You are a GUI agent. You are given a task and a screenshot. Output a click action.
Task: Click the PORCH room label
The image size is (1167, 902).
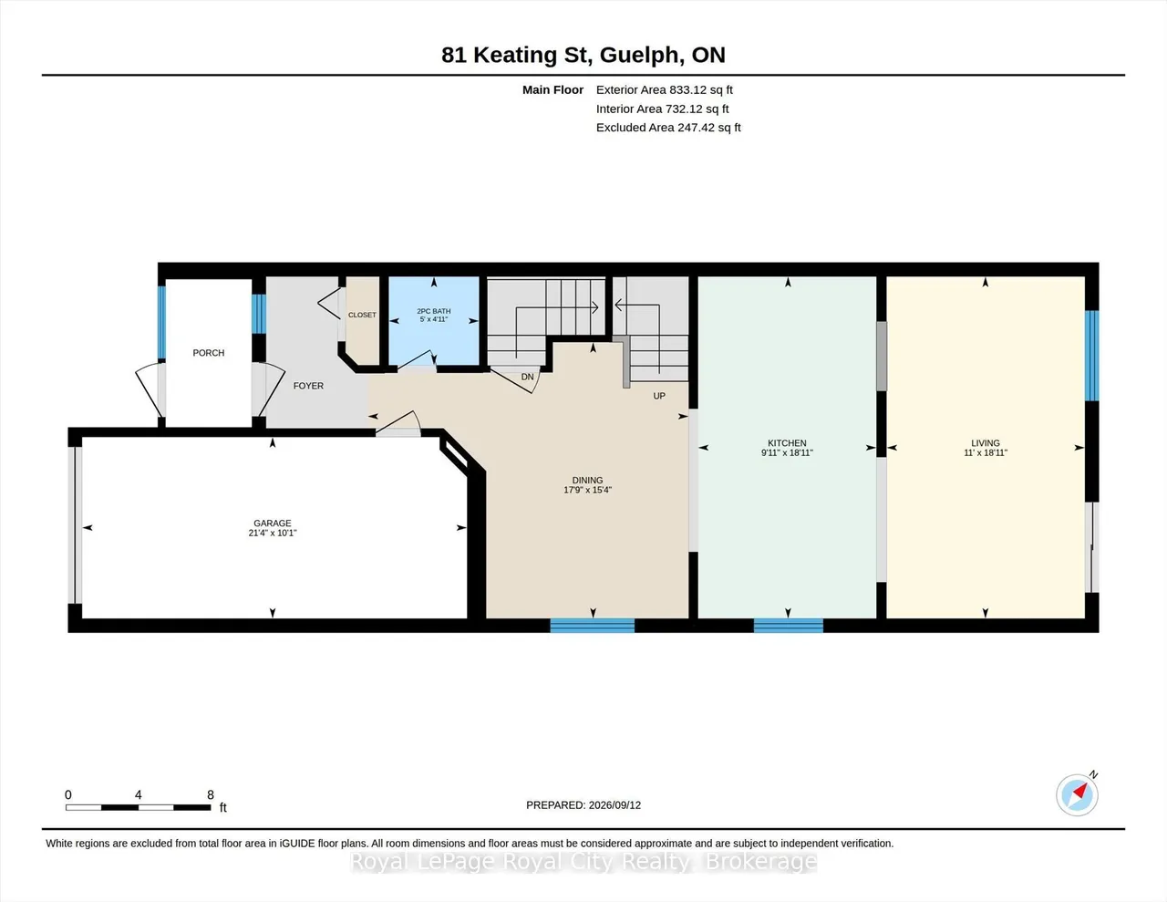coord(209,353)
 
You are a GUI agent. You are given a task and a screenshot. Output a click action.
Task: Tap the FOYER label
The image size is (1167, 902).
coord(308,386)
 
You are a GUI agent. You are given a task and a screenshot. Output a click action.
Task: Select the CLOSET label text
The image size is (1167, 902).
coord(362,315)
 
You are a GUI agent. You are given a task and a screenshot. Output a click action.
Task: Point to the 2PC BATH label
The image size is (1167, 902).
coord(434,311)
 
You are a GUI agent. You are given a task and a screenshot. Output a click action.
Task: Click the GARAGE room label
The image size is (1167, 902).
coord(273,524)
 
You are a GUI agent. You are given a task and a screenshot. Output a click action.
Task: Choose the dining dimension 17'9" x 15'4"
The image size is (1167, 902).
coord(587,490)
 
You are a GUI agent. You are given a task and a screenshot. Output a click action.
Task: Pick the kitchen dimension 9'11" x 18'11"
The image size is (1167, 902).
coord(787,453)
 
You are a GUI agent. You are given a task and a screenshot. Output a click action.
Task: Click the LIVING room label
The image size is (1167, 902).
coord(986,443)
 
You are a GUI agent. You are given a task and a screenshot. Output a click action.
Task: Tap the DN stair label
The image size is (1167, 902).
coord(527,378)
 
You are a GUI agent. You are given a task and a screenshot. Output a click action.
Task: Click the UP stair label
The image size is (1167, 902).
coord(659,396)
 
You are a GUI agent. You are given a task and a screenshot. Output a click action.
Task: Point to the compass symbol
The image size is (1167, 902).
coord(1078,794)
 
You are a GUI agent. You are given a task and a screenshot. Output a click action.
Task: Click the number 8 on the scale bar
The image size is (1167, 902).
coord(211,794)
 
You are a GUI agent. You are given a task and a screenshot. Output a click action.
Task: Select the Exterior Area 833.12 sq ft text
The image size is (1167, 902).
coord(665,89)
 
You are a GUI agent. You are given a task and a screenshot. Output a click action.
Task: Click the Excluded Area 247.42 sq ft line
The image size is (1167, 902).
coord(668,128)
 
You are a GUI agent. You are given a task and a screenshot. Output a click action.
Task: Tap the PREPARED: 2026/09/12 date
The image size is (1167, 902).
coord(583,804)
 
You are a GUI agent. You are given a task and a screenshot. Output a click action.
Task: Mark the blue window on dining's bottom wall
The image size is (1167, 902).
coord(593,626)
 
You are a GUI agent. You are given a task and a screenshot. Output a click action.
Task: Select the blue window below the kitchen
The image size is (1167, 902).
coord(789,626)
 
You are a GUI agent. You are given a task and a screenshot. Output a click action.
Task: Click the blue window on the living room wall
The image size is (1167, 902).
coord(1092,356)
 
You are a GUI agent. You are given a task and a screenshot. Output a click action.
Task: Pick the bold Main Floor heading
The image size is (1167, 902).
coord(553,89)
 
